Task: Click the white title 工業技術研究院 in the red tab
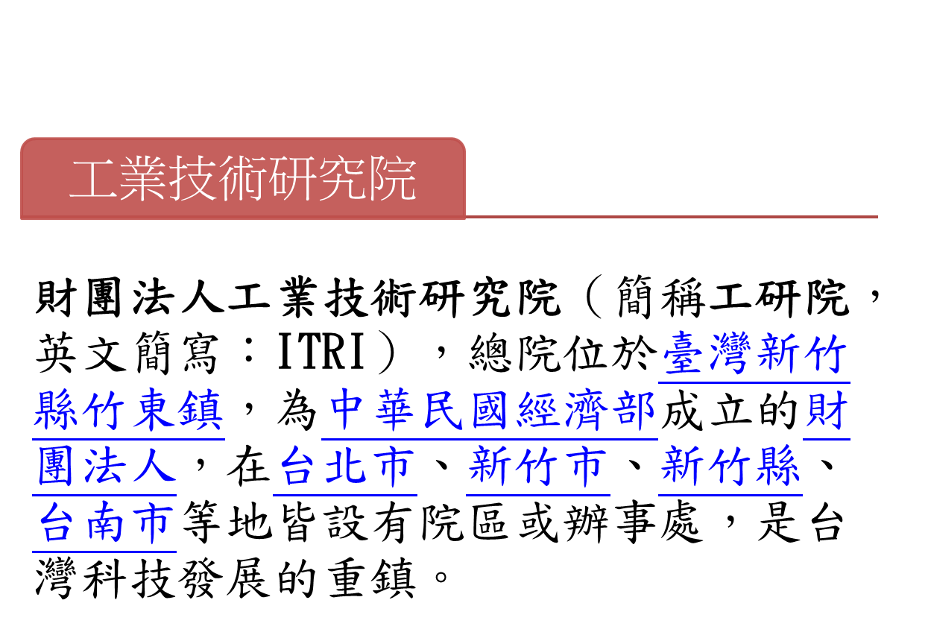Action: (x=242, y=179)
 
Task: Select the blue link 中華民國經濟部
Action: (x=491, y=411)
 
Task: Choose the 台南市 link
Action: (x=104, y=523)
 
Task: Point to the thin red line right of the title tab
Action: (x=671, y=217)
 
